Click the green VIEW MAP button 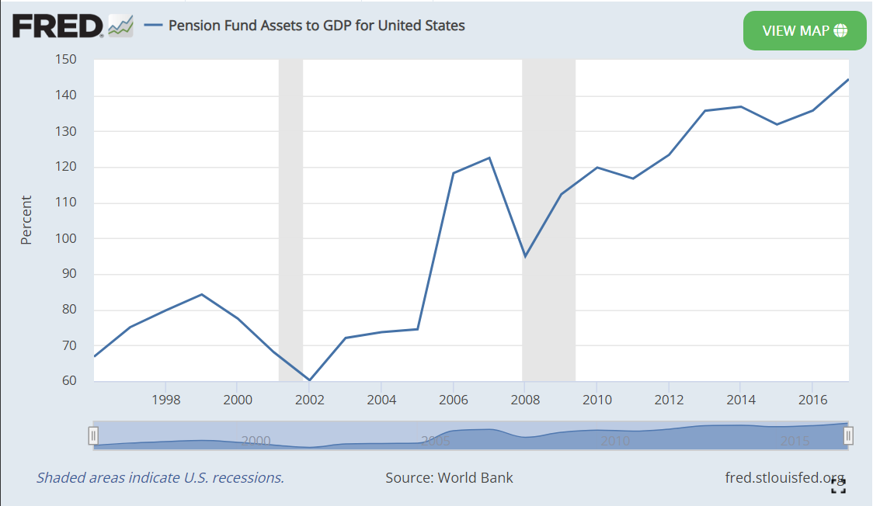pos(804,31)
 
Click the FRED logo pos(57,26)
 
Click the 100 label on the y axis pos(66,239)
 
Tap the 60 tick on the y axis pos(69,381)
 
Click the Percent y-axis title pos(26,221)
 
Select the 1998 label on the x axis pos(166,400)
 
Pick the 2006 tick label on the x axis pos(454,400)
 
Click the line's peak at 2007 pos(489,158)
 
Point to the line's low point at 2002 pos(309,380)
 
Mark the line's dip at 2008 pos(526,256)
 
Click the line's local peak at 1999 pos(202,295)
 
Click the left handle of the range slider pos(93,435)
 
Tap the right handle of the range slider pos(848,435)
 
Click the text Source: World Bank pos(449,477)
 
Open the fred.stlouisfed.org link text pos(784,477)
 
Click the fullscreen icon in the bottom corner pos(838,487)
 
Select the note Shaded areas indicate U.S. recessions pos(160,477)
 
